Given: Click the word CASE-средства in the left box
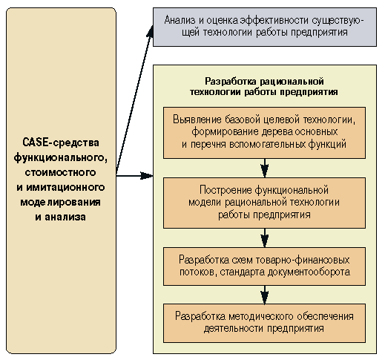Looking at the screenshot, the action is [61, 143].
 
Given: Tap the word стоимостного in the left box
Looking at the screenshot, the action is [60, 172].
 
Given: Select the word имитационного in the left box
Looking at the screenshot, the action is [65, 187].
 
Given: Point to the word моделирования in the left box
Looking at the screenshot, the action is [60, 202].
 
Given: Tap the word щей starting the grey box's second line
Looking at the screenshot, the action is [191, 33].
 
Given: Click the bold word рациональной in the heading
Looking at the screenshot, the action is [292, 82].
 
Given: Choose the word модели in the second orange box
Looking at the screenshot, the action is [205, 203].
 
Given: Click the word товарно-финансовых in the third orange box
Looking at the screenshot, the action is [302, 260].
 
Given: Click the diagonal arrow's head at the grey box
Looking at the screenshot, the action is [150, 30].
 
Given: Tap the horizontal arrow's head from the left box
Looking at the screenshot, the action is [147, 176].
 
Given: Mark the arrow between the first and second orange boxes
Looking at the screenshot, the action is [265, 168].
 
